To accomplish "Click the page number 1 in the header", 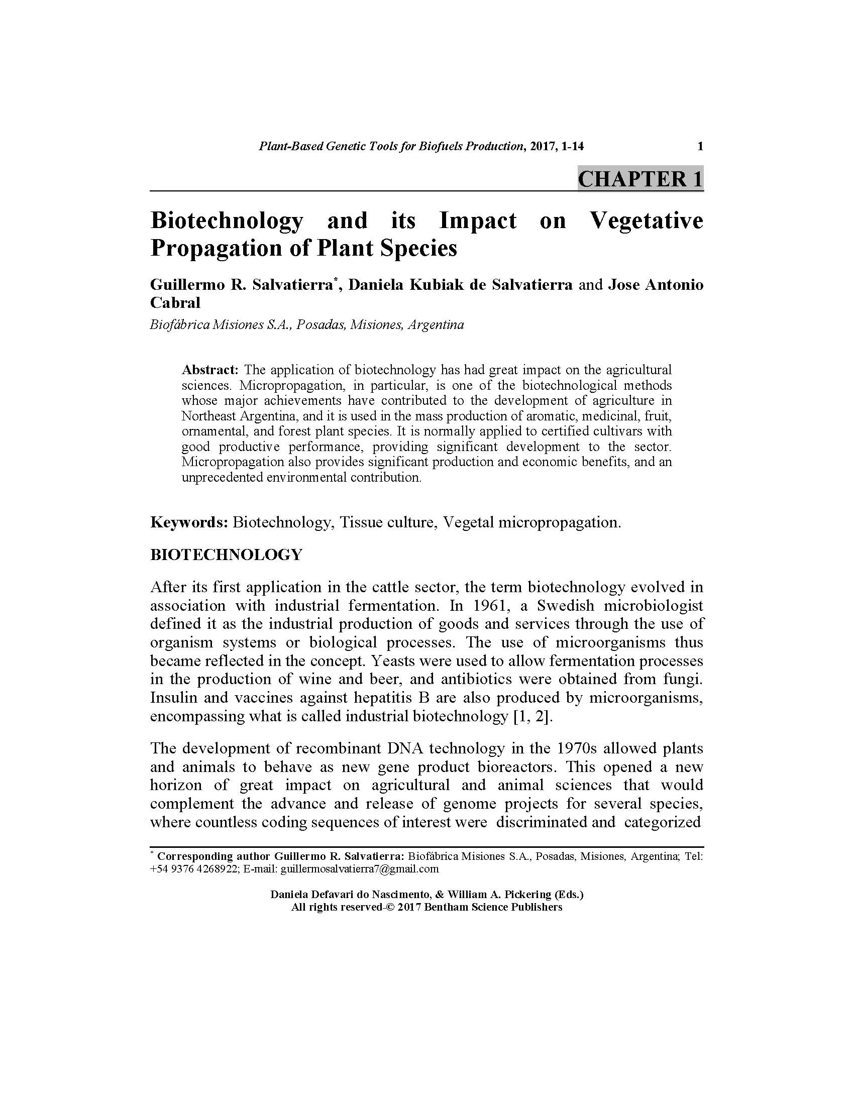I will tap(700, 147).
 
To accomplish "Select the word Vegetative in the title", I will tap(646, 220).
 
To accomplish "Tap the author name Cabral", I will tap(175, 302).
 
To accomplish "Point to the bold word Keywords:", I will tap(189, 522).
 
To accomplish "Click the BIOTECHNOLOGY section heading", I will tap(226, 555).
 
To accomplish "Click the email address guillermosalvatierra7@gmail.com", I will tap(359, 869).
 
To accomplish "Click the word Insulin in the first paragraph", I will tap(171, 698).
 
